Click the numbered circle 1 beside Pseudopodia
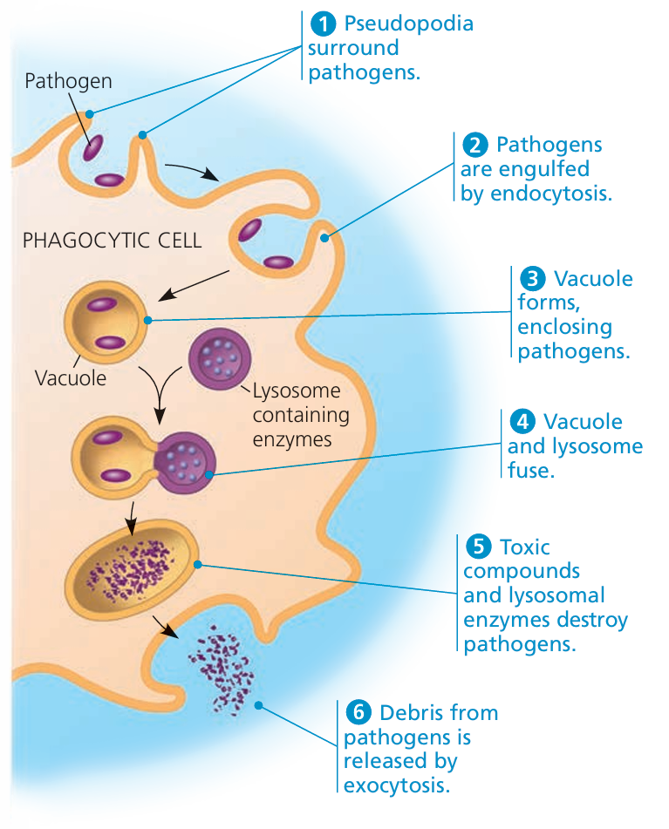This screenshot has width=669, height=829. coord(324,24)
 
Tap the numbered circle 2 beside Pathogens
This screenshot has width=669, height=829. coord(475,144)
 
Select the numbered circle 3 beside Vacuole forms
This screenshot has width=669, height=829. coord(531,279)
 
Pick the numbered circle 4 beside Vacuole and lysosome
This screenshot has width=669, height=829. coord(523,422)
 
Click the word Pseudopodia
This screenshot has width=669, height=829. coord(409,24)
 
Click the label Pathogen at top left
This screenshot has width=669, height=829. coord(68,82)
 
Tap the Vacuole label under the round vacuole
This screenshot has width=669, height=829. coord(71,378)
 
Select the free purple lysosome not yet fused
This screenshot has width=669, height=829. coord(214,357)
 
